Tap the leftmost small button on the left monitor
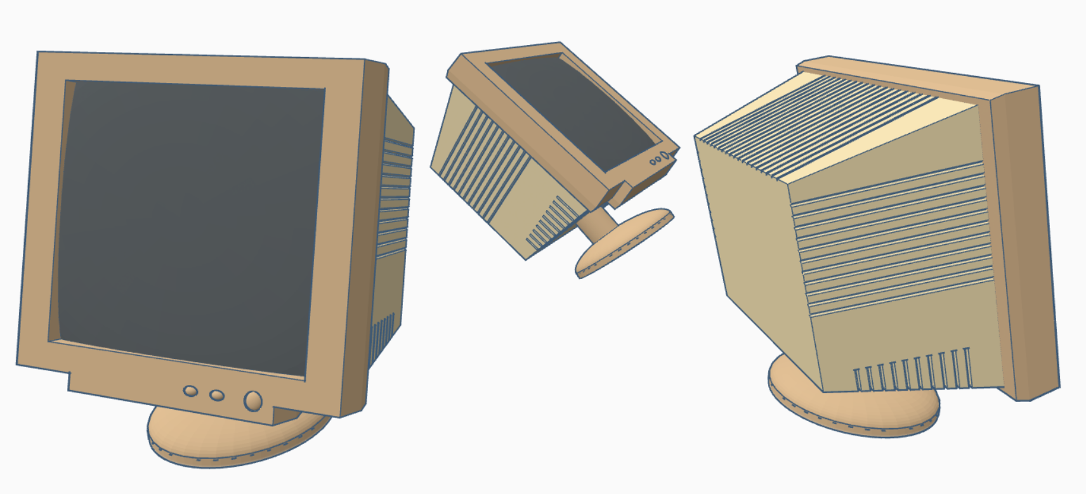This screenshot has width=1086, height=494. [190, 391]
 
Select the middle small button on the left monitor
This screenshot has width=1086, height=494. [217, 395]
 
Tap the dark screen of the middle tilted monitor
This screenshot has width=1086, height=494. [571, 108]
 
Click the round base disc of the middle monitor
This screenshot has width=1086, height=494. [625, 244]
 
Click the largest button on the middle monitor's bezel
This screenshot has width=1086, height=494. [664, 155]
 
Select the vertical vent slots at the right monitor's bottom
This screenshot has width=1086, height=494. [913, 371]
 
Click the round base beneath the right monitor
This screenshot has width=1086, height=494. [850, 412]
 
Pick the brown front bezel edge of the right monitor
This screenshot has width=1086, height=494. [1021, 241]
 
